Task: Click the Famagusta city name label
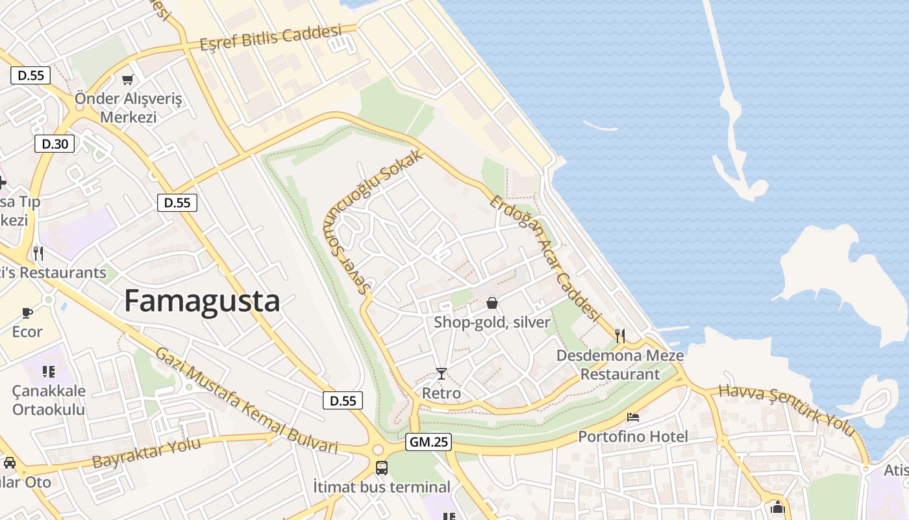click(x=202, y=302)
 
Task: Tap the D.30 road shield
click(x=55, y=144)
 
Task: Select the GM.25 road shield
click(x=429, y=443)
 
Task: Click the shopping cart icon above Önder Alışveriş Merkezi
click(x=128, y=80)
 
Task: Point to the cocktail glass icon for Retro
click(x=442, y=373)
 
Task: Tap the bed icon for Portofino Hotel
click(x=633, y=417)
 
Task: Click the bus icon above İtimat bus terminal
click(x=382, y=467)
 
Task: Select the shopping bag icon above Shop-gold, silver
click(x=492, y=303)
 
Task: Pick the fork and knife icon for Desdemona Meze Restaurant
click(x=620, y=336)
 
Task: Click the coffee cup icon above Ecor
click(x=27, y=313)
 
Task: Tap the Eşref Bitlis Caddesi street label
click(x=271, y=38)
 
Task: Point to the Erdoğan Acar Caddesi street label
click(x=544, y=257)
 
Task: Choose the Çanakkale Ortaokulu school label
click(x=49, y=400)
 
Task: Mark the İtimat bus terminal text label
click(x=382, y=487)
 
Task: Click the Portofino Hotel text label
click(x=633, y=436)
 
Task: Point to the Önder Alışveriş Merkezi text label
click(x=128, y=108)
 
